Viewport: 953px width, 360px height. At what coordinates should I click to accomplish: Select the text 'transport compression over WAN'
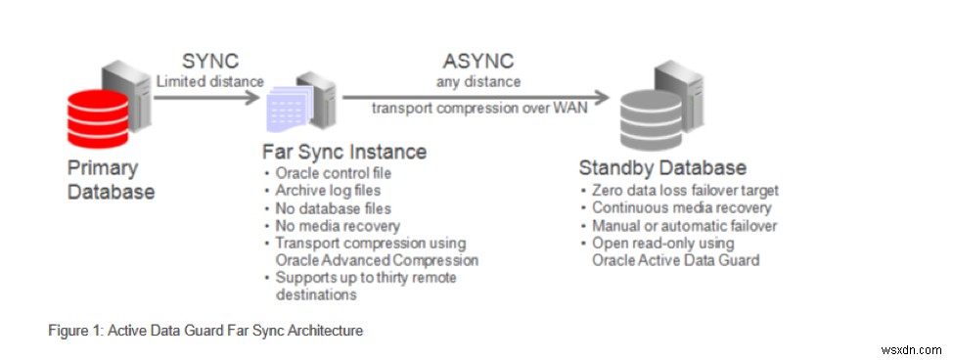click(x=479, y=108)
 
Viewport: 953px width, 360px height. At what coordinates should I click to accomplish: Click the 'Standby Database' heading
click(x=663, y=167)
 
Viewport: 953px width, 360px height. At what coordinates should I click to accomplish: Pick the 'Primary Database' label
click(x=111, y=179)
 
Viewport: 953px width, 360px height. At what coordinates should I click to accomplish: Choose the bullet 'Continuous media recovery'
click(x=681, y=207)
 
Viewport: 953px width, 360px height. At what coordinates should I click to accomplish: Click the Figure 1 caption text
click(x=205, y=331)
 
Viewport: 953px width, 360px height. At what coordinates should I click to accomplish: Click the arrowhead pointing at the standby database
click(x=604, y=96)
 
